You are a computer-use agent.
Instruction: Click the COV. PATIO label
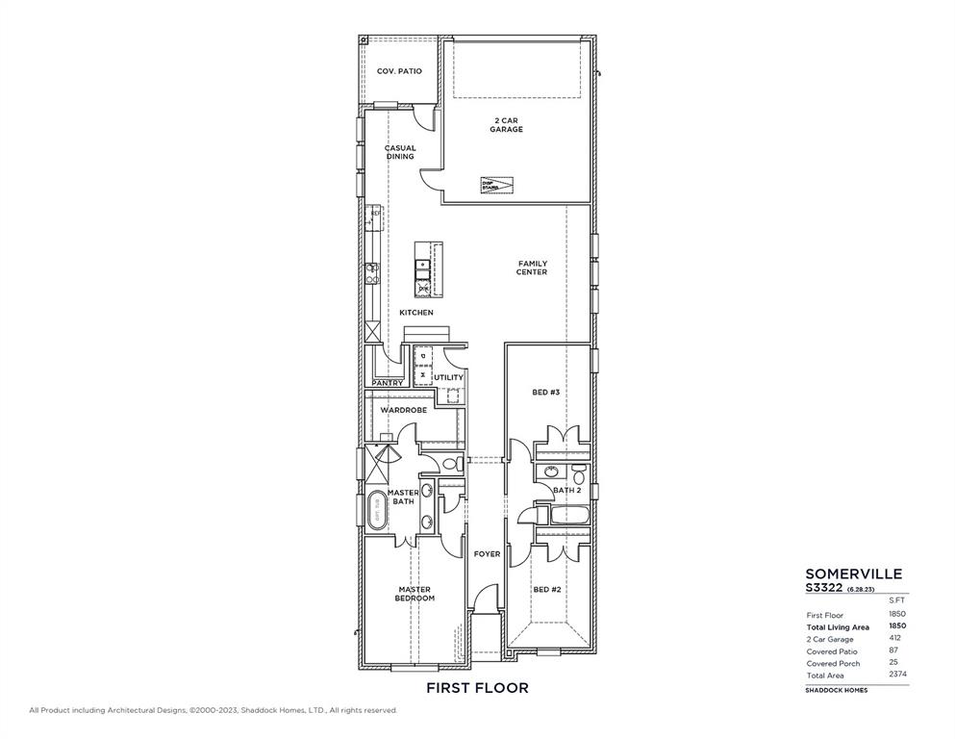click(x=398, y=71)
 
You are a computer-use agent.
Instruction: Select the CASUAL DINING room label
click(x=400, y=152)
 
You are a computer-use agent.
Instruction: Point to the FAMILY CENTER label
click(x=532, y=268)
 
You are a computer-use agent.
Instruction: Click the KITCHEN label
click(x=416, y=313)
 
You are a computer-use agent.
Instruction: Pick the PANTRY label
click(x=388, y=383)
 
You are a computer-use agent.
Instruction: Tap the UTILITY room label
click(x=449, y=377)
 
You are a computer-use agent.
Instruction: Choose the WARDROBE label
click(x=403, y=410)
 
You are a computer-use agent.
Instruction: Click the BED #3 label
click(x=546, y=393)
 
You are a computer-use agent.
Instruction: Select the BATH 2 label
click(x=567, y=491)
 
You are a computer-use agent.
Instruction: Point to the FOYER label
click(x=487, y=554)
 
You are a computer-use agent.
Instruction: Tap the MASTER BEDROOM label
click(x=415, y=594)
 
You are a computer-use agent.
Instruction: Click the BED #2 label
click(x=546, y=590)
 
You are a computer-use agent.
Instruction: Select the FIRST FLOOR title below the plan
click(x=477, y=688)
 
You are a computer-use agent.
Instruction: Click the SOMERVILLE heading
click(x=853, y=573)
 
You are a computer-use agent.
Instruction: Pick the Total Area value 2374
click(x=897, y=675)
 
